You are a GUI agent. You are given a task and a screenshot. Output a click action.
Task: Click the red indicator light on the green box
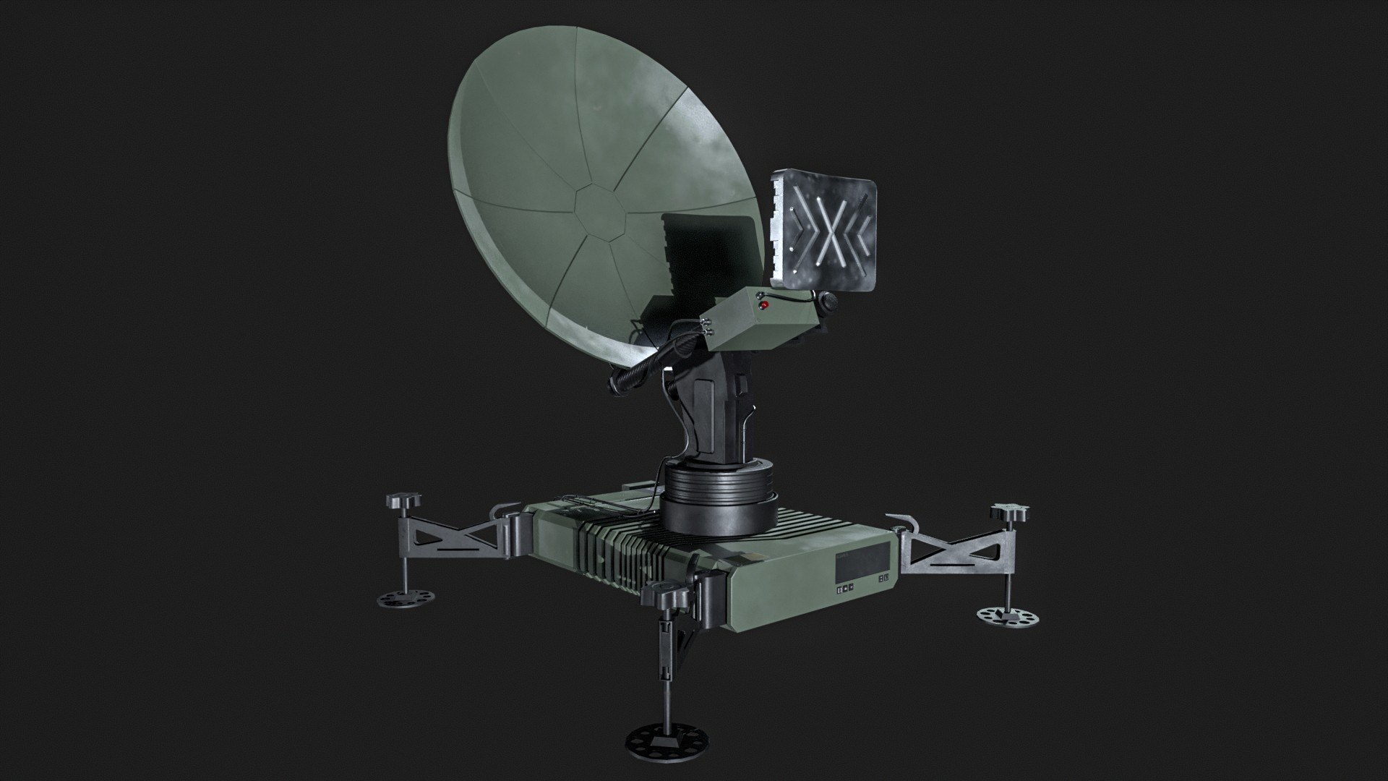point(763,306)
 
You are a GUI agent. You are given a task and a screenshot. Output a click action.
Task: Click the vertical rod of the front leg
point(663,665)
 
